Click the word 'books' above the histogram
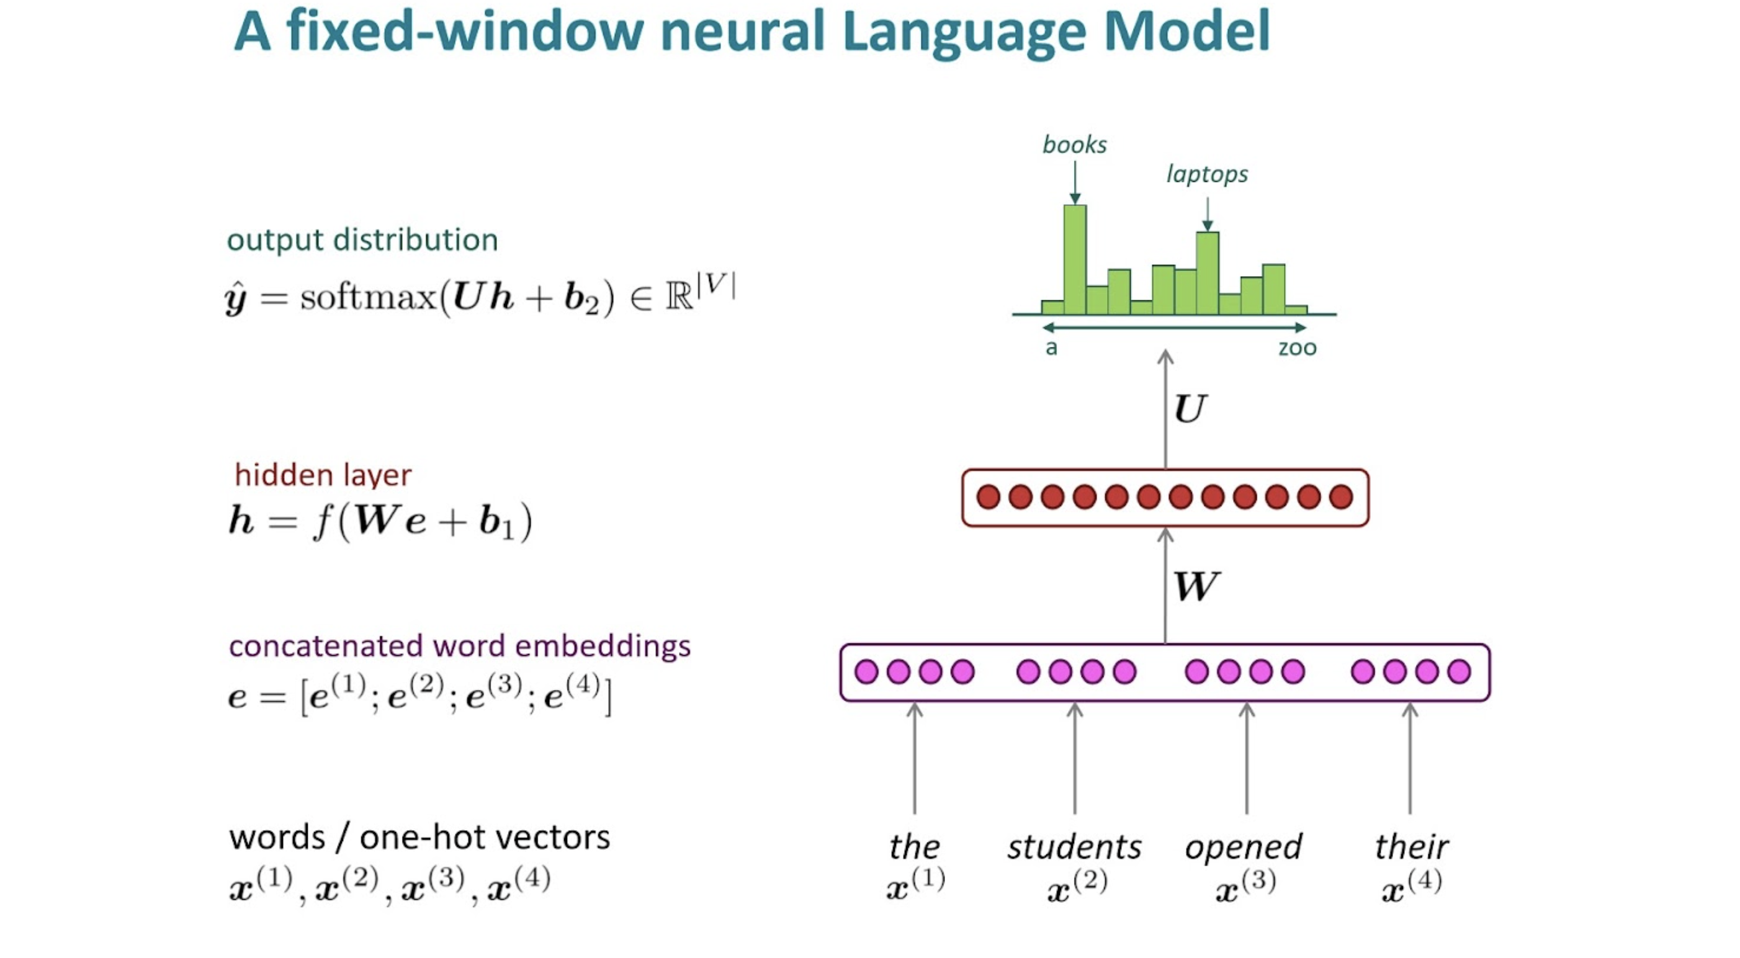1074,144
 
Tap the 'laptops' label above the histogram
1207,174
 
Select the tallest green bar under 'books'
1075,259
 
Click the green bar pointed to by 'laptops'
1207,273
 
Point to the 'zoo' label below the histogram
1297,348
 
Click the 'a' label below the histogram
1051,348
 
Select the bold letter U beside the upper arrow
1190,409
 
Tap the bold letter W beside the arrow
1196,586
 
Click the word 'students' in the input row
1074,846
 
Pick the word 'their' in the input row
1411,846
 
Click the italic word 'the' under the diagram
914,846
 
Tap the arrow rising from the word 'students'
1075,758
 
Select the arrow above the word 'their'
1410,758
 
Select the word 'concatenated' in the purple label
327,647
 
